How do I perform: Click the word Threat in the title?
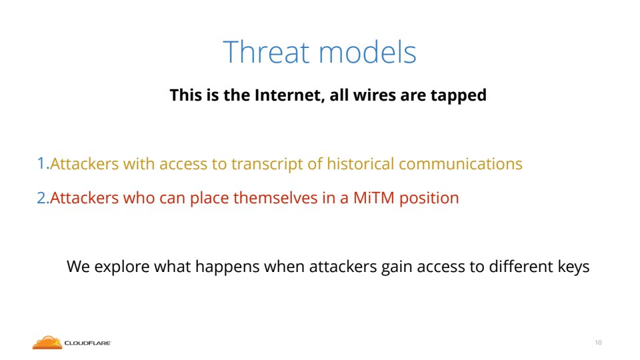click(x=266, y=52)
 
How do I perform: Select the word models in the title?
click(x=367, y=52)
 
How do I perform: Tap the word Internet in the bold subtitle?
click(x=289, y=95)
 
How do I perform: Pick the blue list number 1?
click(x=43, y=163)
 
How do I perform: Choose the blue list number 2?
click(x=43, y=197)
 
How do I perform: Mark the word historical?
click(x=361, y=163)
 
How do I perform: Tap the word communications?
click(x=461, y=163)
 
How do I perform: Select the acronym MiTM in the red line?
click(x=374, y=197)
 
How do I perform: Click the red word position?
click(x=429, y=199)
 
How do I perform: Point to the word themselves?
click(x=275, y=197)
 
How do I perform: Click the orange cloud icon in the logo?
click(x=47, y=343)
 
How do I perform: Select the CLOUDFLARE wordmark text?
click(x=87, y=343)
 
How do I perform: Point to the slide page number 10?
click(x=599, y=343)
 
